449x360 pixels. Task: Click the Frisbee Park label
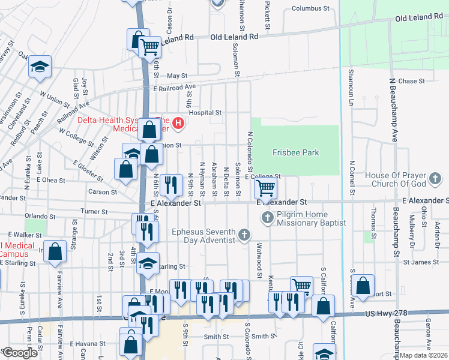[296, 152]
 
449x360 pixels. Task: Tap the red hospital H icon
[178, 124]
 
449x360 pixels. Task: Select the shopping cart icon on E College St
[265, 188]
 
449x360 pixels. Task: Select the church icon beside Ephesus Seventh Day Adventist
[244, 235]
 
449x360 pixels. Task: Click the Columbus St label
[311, 9]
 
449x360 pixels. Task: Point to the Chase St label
[411, 81]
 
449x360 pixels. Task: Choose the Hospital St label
[205, 112]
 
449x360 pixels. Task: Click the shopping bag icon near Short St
[363, 286]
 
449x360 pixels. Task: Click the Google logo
[20, 353]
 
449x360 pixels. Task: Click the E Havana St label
[88, 344]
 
